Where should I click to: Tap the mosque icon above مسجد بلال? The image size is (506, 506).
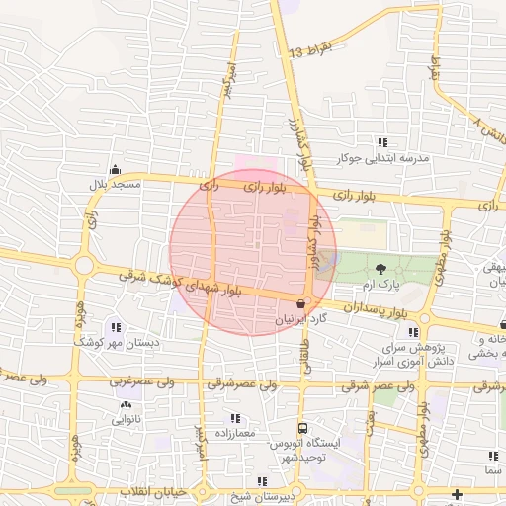click(116, 169)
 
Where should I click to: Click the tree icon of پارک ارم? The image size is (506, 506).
click(381, 268)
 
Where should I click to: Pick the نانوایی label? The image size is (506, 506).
click(126, 419)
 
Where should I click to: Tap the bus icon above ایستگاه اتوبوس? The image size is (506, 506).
click(302, 429)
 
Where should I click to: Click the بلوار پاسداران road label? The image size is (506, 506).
click(376, 309)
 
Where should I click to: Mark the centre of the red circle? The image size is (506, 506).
click(253, 251)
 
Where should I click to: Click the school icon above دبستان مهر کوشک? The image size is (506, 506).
click(116, 327)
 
